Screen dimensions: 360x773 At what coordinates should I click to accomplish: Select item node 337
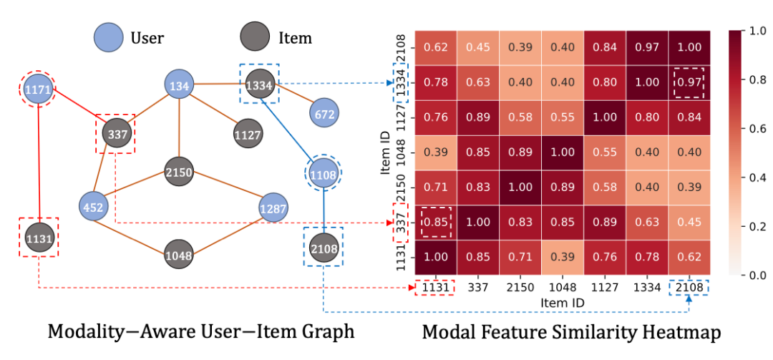point(115,133)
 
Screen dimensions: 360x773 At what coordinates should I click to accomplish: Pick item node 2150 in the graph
point(179,172)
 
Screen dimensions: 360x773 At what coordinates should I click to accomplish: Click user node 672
point(324,113)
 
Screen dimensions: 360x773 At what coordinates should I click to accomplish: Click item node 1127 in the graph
point(247,133)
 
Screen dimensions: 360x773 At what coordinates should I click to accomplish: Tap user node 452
point(94,208)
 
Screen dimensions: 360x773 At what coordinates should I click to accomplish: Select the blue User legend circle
point(108,37)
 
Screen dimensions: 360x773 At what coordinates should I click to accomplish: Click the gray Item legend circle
point(254,37)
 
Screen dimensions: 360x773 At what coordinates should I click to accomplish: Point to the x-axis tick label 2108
point(689,287)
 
